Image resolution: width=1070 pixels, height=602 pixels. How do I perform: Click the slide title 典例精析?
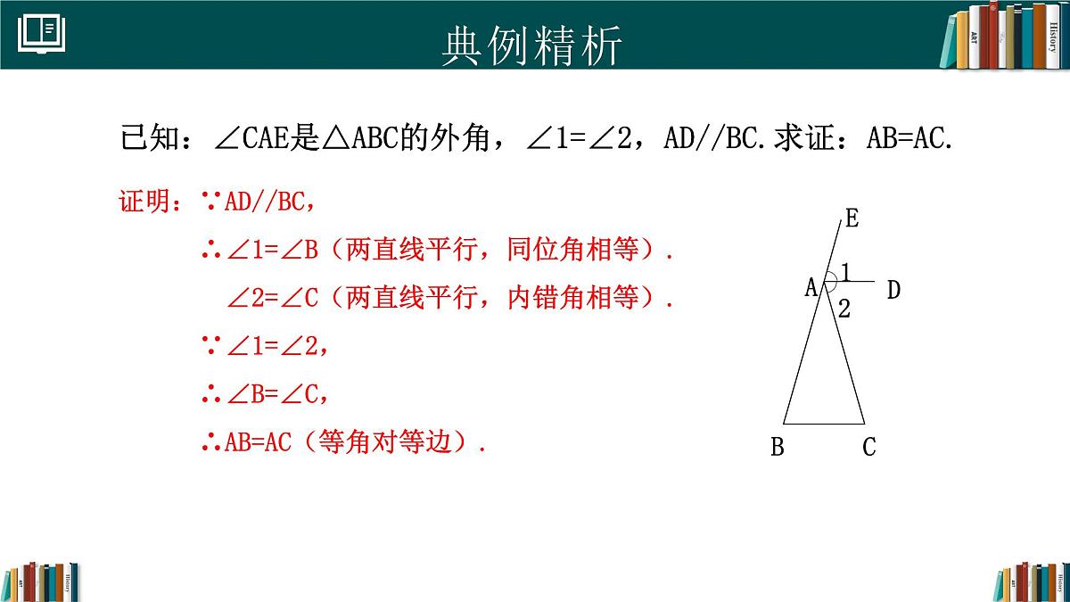pos(531,45)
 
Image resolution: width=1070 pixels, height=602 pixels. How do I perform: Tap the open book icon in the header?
pos(41,34)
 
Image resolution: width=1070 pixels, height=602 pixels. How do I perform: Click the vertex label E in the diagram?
pos(852,219)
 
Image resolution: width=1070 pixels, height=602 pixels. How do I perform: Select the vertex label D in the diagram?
pos(893,290)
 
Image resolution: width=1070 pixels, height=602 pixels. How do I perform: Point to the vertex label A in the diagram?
pos(811,287)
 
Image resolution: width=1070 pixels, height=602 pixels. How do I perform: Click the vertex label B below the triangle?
pos(778,448)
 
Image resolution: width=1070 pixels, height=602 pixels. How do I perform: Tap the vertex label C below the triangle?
pos(869,448)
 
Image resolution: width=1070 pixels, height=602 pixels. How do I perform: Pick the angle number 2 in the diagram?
pos(844,310)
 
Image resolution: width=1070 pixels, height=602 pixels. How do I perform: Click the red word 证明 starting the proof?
pos(144,202)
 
